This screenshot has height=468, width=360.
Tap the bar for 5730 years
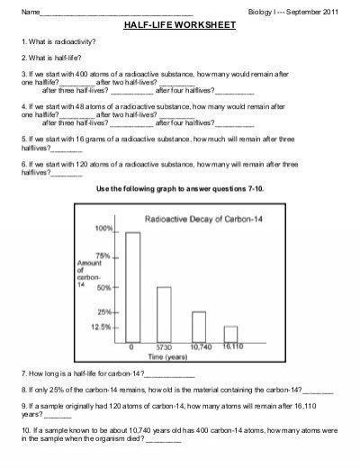pyautogui.click(x=164, y=312)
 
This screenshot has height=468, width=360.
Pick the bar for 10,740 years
pyautogui.click(x=198, y=325)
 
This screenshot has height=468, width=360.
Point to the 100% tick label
pyautogui.click(x=103, y=229)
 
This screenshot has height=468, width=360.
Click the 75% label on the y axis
pyautogui.click(x=104, y=256)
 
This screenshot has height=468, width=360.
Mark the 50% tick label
pyautogui.click(x=104, y=287)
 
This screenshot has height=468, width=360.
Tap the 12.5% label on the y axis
pyautogui.click(x=100, y=328)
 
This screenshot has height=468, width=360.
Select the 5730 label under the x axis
pyautogui.click(x=164, y=346)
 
